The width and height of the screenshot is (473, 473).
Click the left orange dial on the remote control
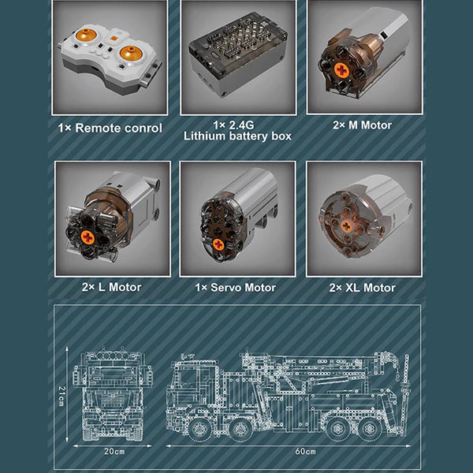pos(86,35)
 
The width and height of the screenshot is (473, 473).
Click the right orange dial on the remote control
pos(131,54)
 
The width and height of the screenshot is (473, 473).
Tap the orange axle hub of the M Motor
pos(341,70)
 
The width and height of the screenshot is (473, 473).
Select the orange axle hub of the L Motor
pos(88,237)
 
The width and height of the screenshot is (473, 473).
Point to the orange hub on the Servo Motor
pos(218,244)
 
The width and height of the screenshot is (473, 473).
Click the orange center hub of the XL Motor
pos(347,225)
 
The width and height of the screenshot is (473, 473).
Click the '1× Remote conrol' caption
pos(110,128)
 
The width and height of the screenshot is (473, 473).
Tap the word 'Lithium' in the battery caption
pos(205,136)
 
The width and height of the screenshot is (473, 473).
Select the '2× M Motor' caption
pos(363,125)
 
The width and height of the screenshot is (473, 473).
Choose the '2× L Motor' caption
pos(111,287)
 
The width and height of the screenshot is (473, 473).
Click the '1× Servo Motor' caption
pos(235,288)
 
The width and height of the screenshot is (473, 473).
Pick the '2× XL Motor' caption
pos(363,288)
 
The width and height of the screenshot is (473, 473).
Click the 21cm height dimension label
pos(61,396)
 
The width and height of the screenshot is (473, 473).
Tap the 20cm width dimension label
pos(114,452)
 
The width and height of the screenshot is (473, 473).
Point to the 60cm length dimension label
pos(305,452)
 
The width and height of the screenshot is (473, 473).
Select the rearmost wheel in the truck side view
pos(369,429)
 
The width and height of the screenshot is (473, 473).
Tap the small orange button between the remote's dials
pos(114,39)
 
